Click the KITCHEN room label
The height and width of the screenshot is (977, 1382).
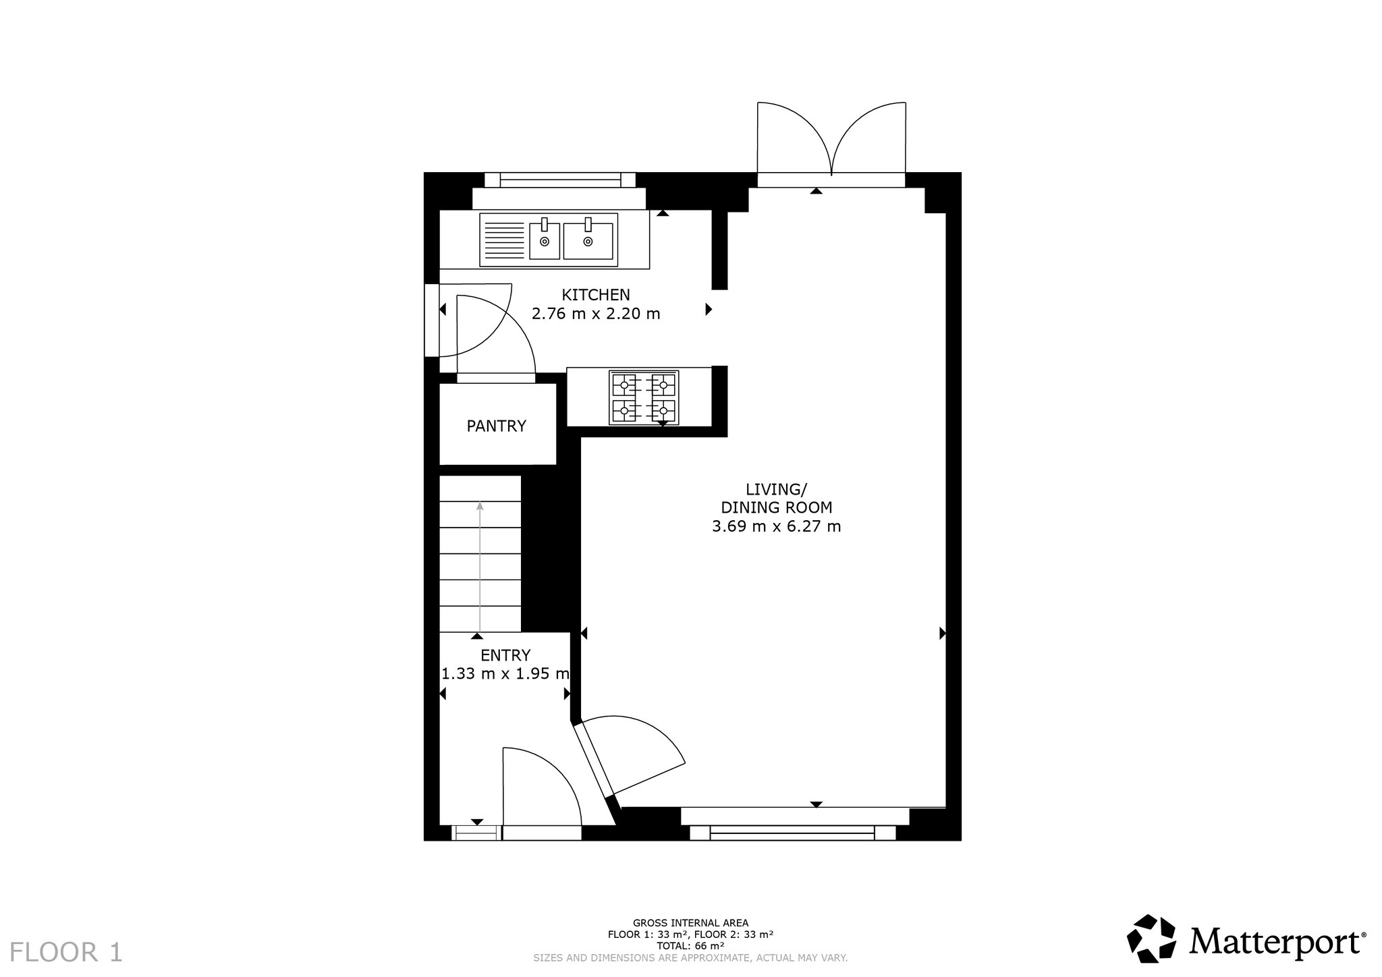point(596,295)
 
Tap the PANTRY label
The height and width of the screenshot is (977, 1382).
point(497,426)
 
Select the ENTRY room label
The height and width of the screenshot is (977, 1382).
point(505,655)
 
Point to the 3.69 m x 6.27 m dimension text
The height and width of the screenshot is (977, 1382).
point(777,526)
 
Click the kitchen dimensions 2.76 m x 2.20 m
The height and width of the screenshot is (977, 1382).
point(596,314)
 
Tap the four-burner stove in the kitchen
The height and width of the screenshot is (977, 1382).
point(644,398)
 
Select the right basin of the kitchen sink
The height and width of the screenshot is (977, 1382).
point(588,240)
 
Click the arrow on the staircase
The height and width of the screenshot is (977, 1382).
point(480,567)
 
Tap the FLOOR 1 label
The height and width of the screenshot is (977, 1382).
point(66,952)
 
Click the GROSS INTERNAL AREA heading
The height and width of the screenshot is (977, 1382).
point(690,923)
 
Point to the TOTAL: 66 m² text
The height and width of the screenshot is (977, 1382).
point(690,946)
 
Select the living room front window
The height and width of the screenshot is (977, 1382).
point(792,833)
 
